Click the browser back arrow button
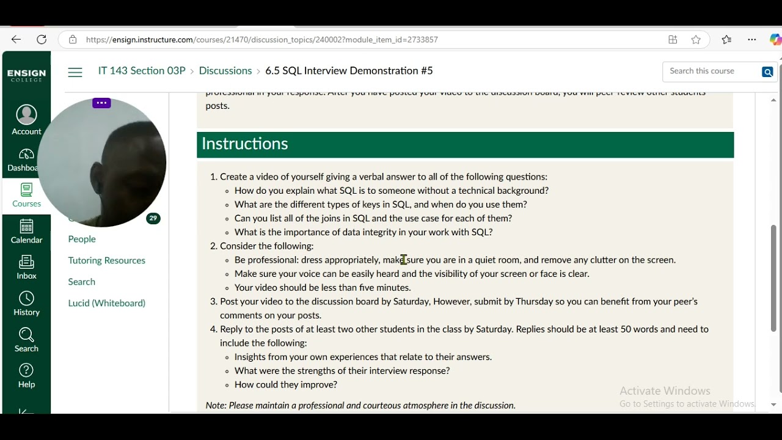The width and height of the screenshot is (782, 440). click(x=16, y=40)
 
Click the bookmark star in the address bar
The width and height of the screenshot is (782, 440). click(x=696, y=40)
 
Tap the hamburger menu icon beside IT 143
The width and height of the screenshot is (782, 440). click(x=75, y=72)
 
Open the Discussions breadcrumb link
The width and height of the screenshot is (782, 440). click(x=225, y=71)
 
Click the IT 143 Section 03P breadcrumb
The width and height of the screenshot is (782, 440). click(x=142, y=71)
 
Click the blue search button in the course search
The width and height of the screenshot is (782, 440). click(x=767, y=72)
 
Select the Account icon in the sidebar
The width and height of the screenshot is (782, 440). click(x=26, y=115)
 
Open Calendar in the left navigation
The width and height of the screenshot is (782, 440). click(x=26, y=231)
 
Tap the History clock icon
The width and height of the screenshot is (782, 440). click(x=26, y=299)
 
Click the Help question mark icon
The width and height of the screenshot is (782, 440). click(x=26, y=370)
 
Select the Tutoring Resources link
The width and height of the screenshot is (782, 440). click(x=107, y=260)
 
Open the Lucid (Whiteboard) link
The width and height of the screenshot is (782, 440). click(x=107, y=303)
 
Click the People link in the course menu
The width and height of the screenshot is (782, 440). click(x=82, y=239)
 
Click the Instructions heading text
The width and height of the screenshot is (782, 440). click(x=245, y=144)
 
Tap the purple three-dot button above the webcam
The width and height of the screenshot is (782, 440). click(x=101, y=103)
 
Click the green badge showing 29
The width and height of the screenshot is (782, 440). click(x=153, y=218)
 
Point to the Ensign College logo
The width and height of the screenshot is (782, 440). click(x=26, y=75)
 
